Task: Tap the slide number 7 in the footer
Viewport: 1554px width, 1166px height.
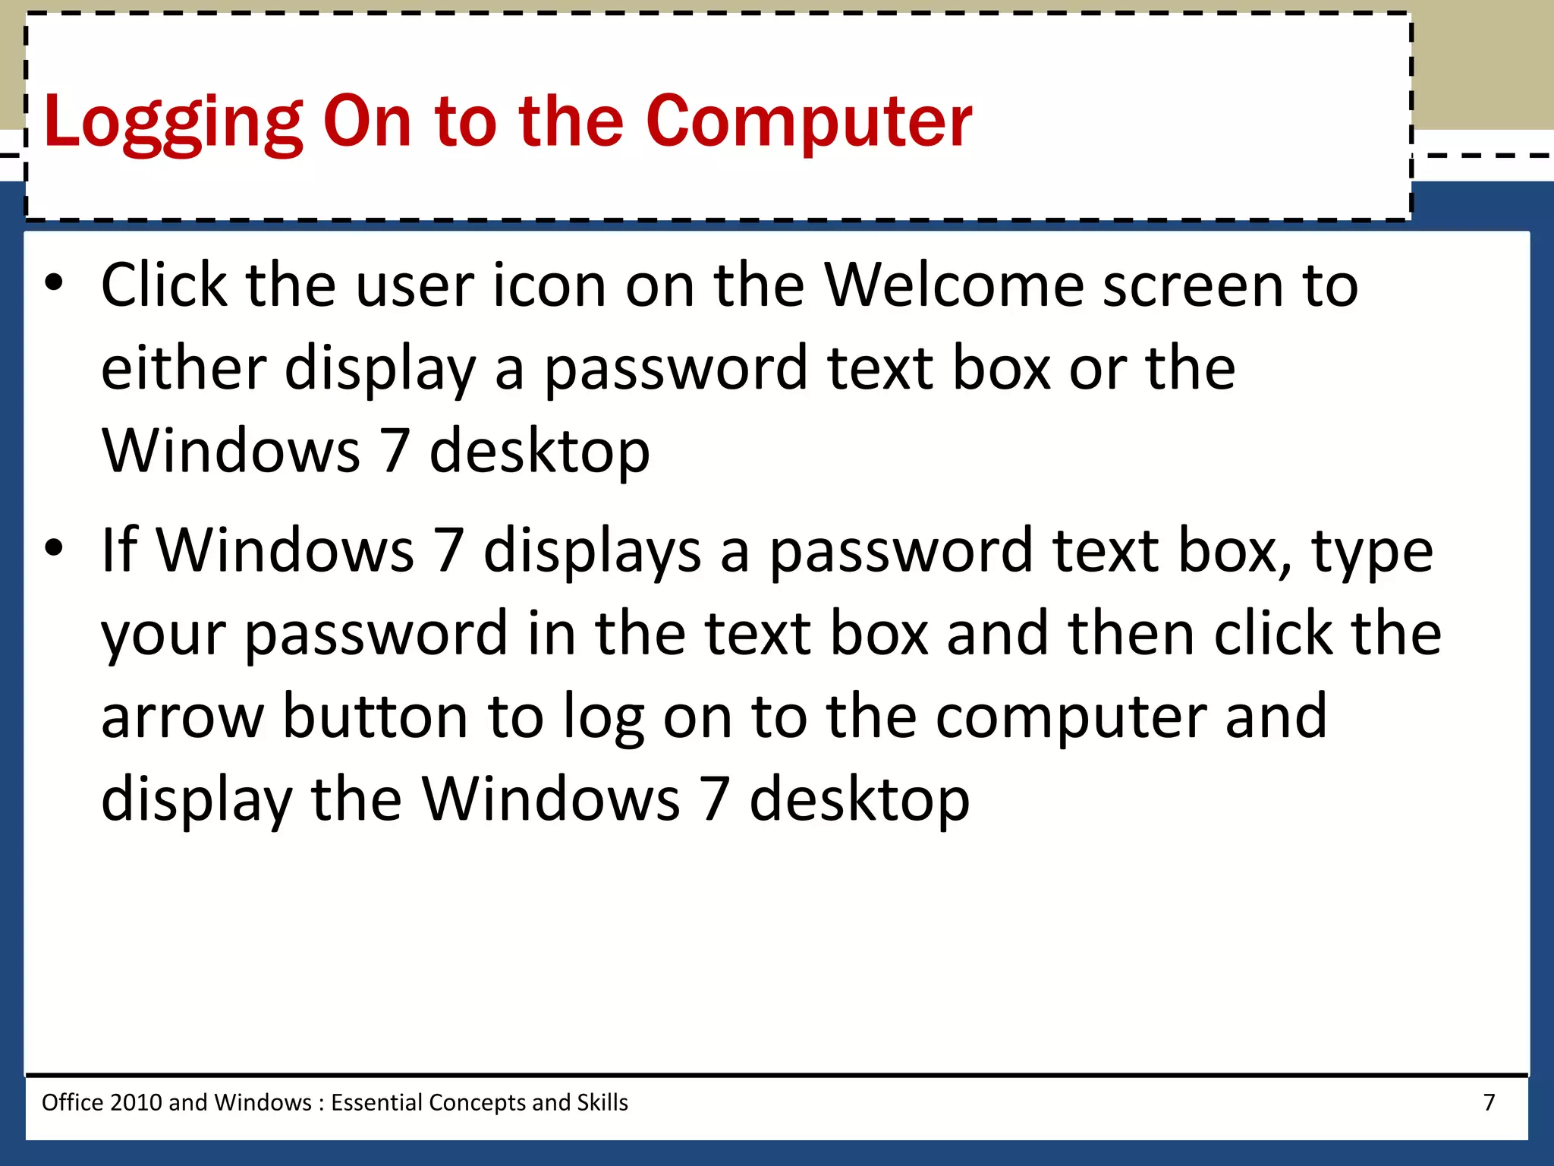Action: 1489,1101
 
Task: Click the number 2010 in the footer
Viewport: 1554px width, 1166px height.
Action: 136,1101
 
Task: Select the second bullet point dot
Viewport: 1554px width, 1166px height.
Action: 53,548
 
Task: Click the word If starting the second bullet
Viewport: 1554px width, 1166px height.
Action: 119,550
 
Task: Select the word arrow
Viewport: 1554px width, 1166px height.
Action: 182,717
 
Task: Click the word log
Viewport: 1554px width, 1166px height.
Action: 603,717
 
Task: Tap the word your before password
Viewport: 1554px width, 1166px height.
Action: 163,635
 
